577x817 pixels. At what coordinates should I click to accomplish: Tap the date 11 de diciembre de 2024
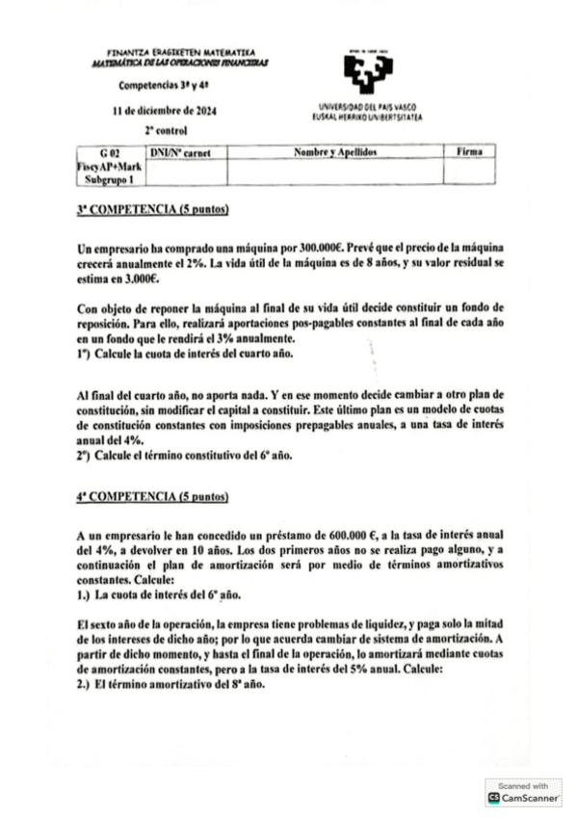coord(164,111)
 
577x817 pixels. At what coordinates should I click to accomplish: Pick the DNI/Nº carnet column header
coord(181,153)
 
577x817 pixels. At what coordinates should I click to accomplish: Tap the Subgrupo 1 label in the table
coord(109,179)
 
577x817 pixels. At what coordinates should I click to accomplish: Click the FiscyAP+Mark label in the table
coord(109,167)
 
